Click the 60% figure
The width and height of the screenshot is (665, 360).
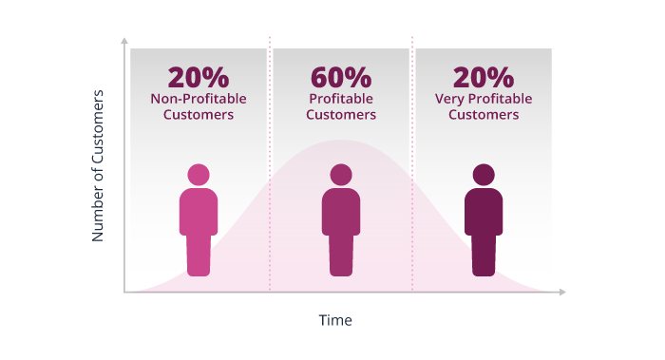click(x=341, y=77)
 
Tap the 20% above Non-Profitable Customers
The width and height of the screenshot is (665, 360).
click(x=198, y=77)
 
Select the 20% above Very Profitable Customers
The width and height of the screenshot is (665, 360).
click(x=484, y=77)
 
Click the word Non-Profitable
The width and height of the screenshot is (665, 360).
click(x=198, y=99)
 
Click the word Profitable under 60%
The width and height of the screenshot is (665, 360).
click(x=341, y=99)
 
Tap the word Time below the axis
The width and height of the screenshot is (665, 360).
click(x=335, y=321)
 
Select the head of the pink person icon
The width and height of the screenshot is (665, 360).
click(x=199, y=175)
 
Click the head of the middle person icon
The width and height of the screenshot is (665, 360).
click(x=341, y=175)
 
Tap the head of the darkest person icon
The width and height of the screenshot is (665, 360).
click(x=484, y=175)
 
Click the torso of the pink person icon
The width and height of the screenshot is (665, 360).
click(x=199, y=212)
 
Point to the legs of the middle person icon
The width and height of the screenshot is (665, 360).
click(x=341, y=255)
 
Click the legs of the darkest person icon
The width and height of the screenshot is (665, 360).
click(x=484, y=255)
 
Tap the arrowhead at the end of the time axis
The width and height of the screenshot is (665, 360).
click(x=562, y=292)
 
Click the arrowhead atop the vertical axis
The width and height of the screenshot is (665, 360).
click(x=124, y=42)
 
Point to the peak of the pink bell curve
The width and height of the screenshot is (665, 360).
click(x=341, y=141)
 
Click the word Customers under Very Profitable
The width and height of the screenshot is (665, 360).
click(x=484, y=115)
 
